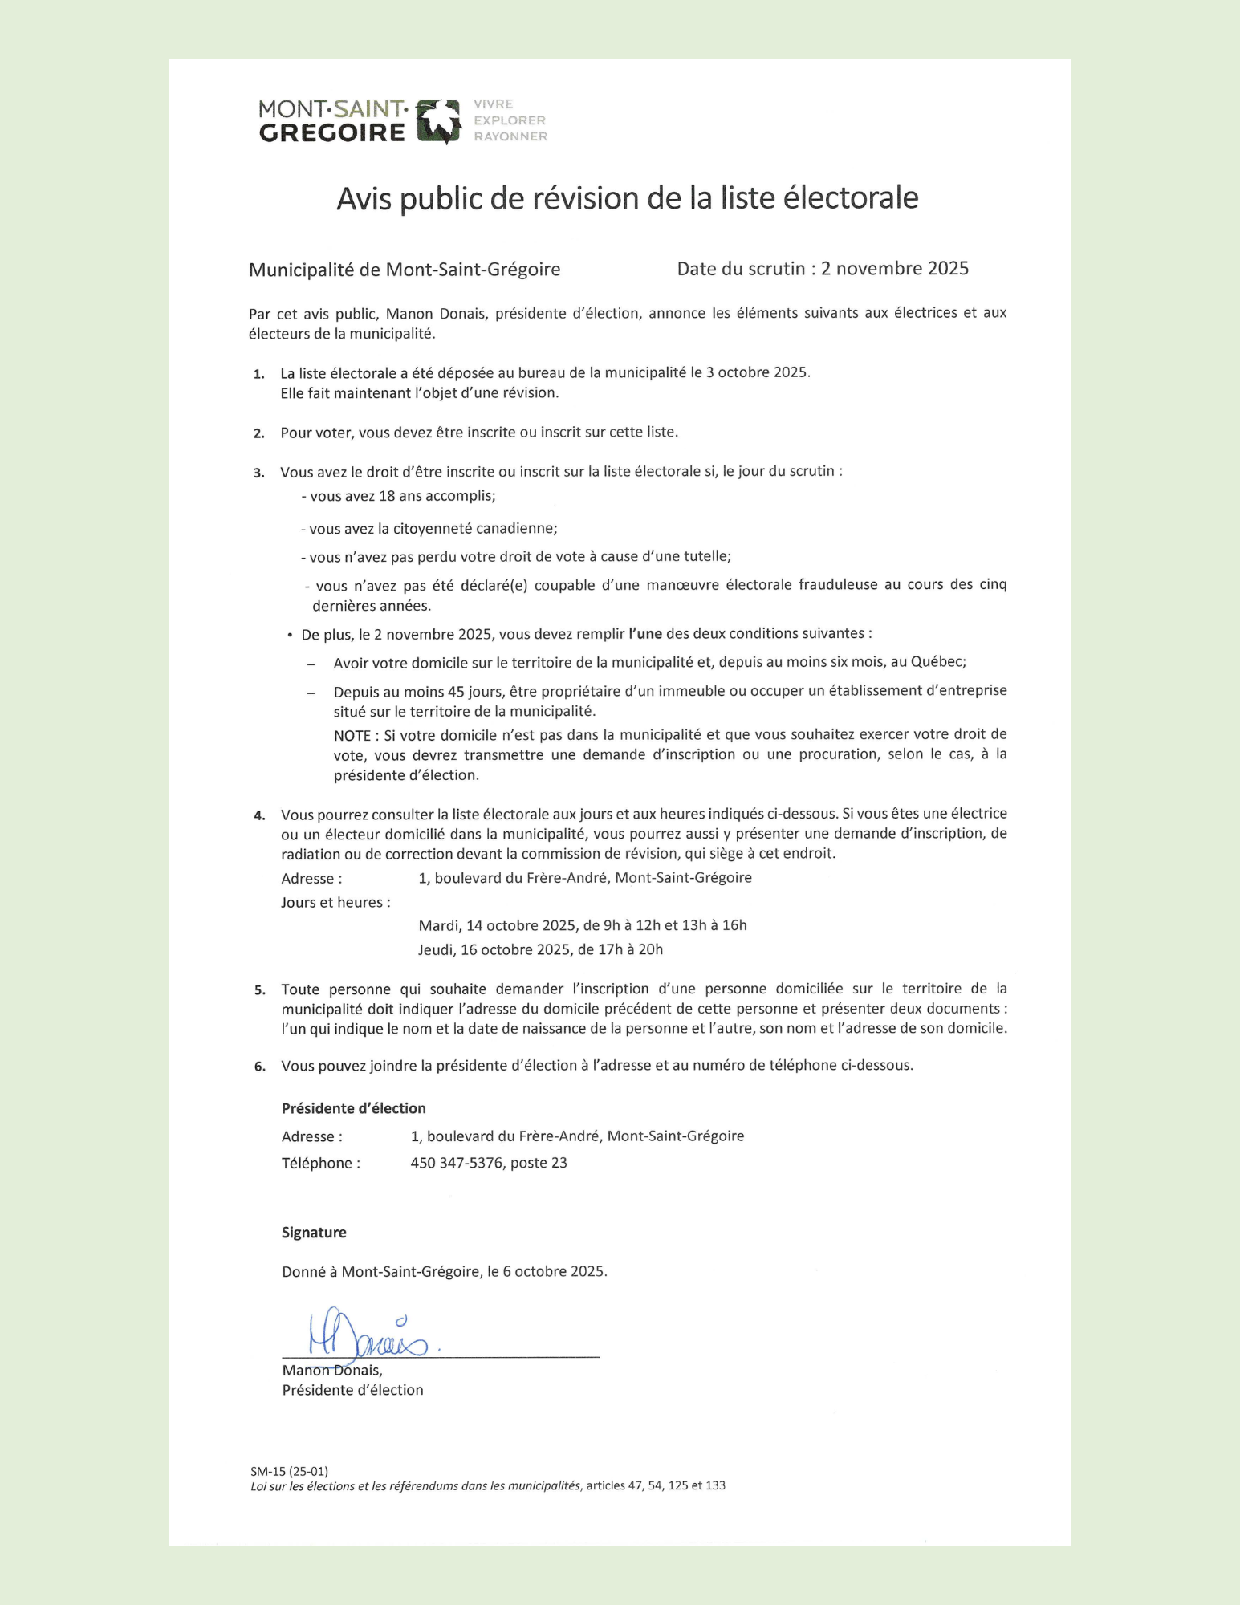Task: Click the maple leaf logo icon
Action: coord(440,121)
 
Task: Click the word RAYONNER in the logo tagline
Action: coord(510,137)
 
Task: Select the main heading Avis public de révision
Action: coord(627,198)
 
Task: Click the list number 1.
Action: coord(258,374)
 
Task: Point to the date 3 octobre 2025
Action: coord(757,372)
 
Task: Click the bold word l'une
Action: coord(644,634)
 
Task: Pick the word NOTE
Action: coord(352,735)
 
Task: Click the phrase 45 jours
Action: coord(476,691)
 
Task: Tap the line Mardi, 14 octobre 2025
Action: coord(582,925)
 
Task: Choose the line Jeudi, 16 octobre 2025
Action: coord(540,950)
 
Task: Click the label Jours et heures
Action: coord(335,903)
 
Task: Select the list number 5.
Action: coord(259,990)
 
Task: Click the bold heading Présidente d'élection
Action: coord(353,1108)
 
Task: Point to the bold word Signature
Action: coord(314,1233)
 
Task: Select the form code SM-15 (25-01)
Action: coord(289,1471)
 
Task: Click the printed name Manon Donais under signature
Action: coord(331,1371)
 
